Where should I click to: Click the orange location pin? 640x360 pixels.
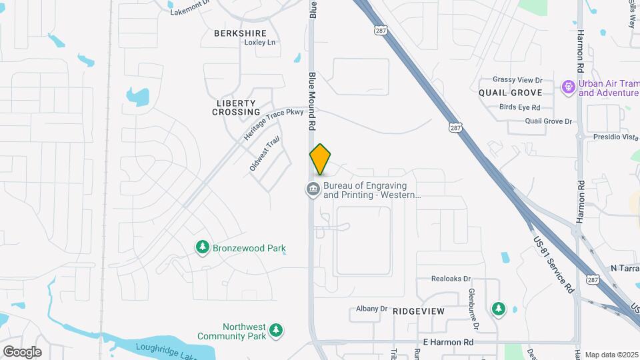point(320,159)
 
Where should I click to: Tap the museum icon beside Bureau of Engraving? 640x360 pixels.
point(313,190)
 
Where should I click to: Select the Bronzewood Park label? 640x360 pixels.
point(249,249)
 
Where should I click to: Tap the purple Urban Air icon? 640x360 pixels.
point(568,87)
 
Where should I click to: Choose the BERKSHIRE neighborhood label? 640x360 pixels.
point(240,33)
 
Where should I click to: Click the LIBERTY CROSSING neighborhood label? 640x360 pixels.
point(236,107)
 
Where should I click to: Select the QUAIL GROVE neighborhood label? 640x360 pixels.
point(511,93)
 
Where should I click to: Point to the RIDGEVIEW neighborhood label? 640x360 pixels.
point(419,311)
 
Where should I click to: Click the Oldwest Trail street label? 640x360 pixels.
point(264,155)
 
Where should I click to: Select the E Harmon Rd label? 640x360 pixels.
point(448,342)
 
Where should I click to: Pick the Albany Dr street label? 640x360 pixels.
point(371,309)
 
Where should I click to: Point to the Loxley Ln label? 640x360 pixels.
point(260,43)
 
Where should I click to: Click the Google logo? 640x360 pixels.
point(22,352)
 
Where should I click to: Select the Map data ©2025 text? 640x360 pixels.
point(612,355)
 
